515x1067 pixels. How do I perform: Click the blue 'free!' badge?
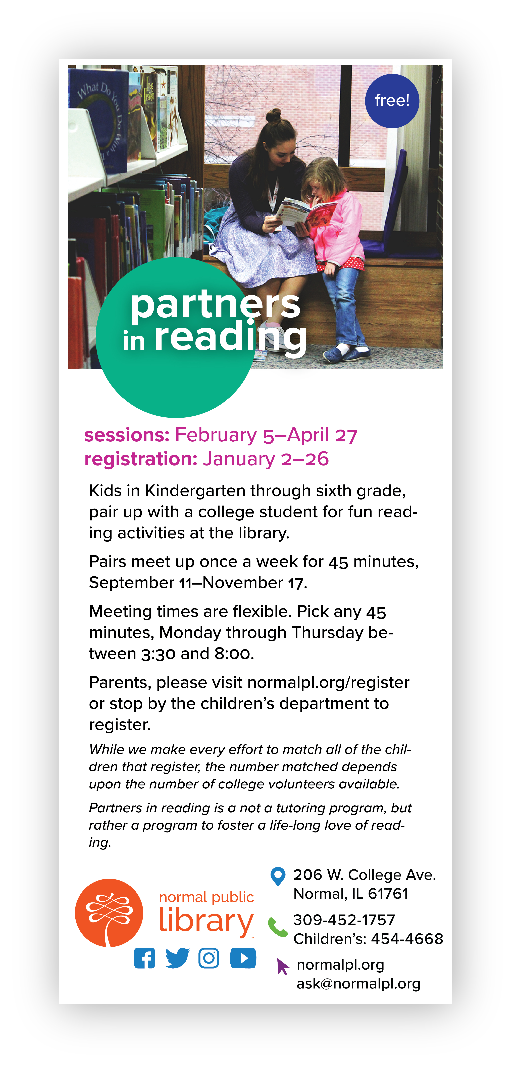click(x=392, y=101)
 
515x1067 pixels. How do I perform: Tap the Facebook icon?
click(x=144, y=958)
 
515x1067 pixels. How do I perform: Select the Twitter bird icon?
click(x=177, y=958)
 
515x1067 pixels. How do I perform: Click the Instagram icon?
click(x=209, y=958)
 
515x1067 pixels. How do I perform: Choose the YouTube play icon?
click(x=243, y=958)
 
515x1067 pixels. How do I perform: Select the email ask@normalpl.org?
click(x=358, y=984)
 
